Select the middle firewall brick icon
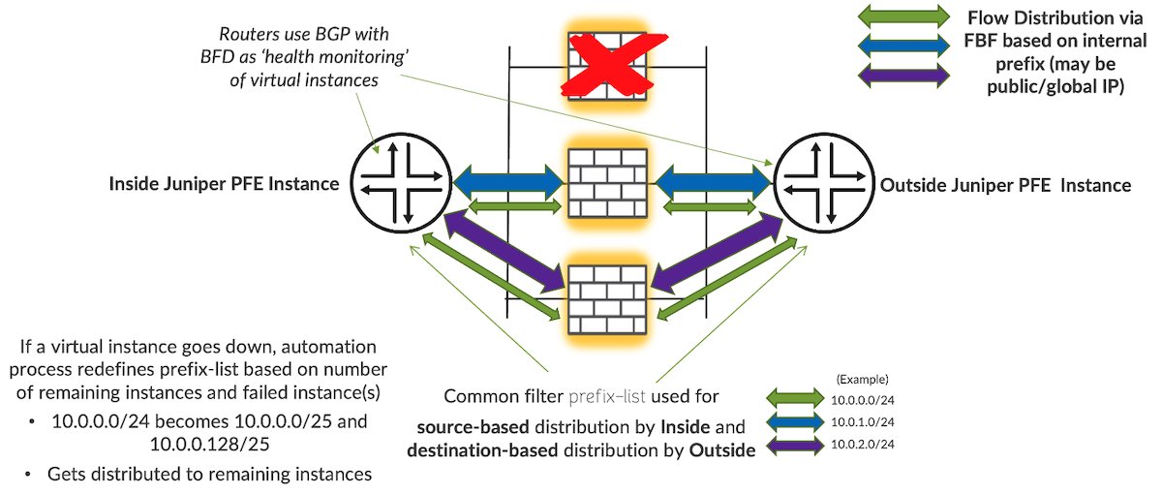coord(607,182)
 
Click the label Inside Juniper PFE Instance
coord(224,183)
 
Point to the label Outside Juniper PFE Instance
coord(1004,184)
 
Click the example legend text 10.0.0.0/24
coord(861,398)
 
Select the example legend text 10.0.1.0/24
coord(861,421)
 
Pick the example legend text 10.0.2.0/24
coord(861,445)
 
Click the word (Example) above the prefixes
coord(861,379)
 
